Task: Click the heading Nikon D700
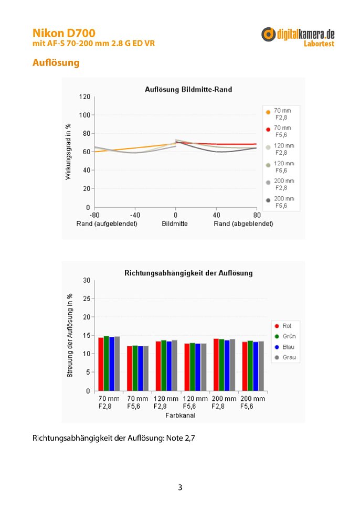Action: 64,33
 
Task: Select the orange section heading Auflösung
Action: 56,62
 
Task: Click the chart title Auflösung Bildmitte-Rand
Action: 188,89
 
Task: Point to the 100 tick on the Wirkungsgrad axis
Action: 84,115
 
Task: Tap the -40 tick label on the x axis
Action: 135,215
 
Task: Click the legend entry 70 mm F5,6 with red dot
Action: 279,131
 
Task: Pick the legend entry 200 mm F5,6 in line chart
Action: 280,202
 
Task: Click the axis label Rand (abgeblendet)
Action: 243,224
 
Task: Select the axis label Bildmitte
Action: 175,224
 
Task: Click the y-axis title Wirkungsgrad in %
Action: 68,152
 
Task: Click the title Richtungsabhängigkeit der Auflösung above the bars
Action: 188,273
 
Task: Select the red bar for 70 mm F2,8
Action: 101,364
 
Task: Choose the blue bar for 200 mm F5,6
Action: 256,366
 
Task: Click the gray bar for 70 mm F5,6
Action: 146,368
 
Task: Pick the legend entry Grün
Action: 285,336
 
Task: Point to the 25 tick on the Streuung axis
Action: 87,299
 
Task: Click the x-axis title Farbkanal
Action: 181,416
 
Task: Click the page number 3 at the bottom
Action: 180,487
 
